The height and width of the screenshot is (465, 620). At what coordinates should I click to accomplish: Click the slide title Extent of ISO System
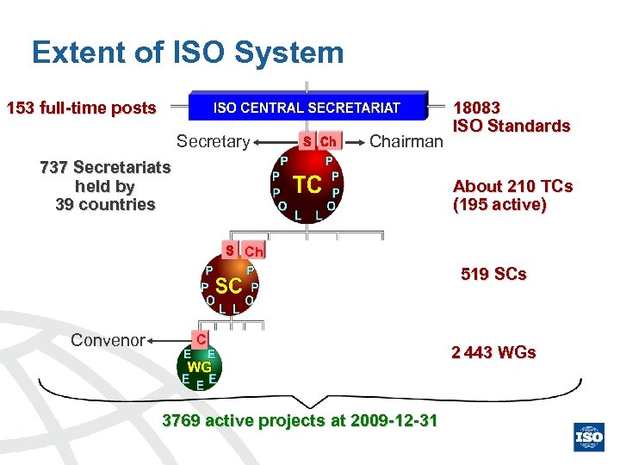coord(188,53)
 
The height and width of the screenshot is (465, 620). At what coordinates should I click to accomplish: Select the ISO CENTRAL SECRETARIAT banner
coord(307,108)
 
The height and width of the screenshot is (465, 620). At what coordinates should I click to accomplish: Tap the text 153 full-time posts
coord(81,108)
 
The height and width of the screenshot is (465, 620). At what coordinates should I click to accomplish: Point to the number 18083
coord(477,108)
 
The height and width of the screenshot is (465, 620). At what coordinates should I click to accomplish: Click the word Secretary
coord(213,141)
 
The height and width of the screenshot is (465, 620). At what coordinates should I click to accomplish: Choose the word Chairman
coord(406,141)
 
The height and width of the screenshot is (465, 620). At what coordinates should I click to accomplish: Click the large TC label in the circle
coord(307,184)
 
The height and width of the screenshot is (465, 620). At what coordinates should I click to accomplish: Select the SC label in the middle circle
coord(228,285)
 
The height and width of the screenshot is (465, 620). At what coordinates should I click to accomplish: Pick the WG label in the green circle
coord(200,366)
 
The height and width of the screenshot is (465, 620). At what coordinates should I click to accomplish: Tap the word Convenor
coord(108,340)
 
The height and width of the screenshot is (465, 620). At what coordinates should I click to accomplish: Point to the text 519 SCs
coord(493,275)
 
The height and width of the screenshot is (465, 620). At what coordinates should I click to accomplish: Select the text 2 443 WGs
coord(493,352)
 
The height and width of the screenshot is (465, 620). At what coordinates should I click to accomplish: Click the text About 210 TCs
coord(512,187)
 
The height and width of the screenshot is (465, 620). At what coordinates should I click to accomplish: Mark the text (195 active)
coord(499,206)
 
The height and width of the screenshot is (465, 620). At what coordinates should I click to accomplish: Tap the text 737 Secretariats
coord(105,167)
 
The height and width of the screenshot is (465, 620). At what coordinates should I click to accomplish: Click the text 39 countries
coord(105,205)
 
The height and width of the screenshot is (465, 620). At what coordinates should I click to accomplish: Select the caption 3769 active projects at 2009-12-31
coord(300,420)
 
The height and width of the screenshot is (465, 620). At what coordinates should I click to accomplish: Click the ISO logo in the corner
coord(590,437)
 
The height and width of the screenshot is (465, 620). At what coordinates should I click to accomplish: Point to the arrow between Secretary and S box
coord(275,141)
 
